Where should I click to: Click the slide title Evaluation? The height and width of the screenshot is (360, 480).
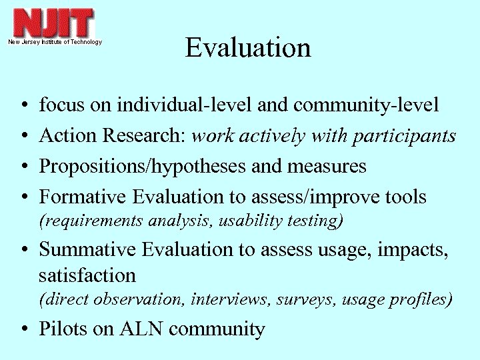248,48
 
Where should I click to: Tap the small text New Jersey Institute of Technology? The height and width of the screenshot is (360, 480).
55,42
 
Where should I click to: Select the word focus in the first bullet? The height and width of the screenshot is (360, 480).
59,105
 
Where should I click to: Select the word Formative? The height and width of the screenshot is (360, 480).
84,197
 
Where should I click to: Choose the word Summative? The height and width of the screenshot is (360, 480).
88,249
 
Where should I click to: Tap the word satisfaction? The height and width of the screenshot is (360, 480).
87,275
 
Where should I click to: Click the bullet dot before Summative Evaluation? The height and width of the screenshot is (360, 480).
24,250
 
